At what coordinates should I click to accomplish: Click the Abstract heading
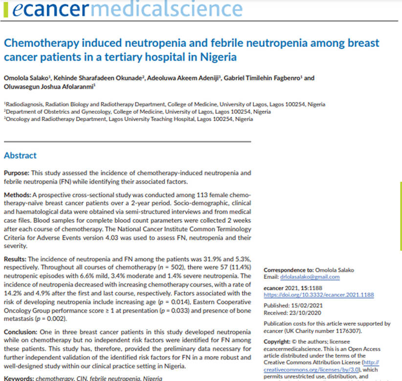click(20, 155)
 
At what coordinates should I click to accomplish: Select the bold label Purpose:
click(17, 173)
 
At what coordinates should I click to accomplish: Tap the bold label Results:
click(17, 258)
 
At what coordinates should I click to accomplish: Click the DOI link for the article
click(318, 296)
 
